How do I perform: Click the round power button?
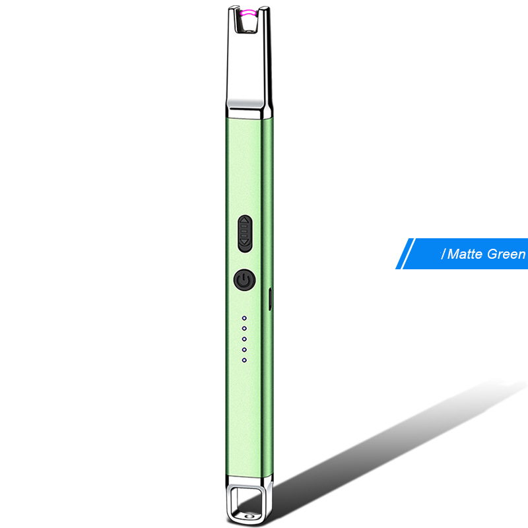(244, 279)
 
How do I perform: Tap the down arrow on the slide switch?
(245, 242)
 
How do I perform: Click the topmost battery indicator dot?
(244, 318)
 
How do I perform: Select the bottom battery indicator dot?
(244, 360)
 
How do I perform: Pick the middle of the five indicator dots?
(244, 339)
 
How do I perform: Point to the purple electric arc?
(249, 13)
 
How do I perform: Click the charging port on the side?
(270, 299)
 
